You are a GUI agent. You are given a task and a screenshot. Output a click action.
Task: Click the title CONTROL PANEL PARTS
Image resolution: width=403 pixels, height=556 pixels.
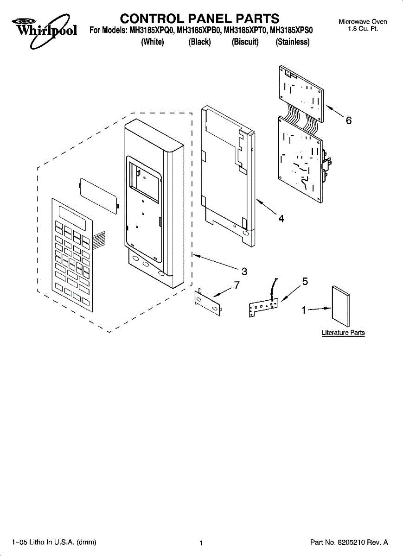(x=199, y=19)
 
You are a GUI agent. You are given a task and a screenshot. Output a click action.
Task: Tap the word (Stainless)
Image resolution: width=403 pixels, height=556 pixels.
(x=292, y=42)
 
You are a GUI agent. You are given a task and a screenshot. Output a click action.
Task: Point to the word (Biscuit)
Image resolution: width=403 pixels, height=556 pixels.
(x=245, y=42)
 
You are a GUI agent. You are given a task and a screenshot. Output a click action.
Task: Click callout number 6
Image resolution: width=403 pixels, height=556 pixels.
(x=349, y=121)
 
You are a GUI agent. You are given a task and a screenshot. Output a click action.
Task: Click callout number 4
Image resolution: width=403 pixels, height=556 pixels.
(x=281, y=218)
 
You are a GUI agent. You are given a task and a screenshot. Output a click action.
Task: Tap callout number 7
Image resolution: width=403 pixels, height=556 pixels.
(x=237, y=285)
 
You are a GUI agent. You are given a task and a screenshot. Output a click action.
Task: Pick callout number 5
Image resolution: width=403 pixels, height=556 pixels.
(x=305, y=281)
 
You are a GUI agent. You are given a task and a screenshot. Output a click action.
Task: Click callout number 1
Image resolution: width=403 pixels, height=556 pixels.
(x=304, y=310)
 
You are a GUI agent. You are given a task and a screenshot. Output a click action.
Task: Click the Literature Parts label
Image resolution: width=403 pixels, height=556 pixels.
(x=343, y=333)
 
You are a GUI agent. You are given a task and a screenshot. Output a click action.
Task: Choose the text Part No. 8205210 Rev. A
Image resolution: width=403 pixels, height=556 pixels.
(x=348, y=542)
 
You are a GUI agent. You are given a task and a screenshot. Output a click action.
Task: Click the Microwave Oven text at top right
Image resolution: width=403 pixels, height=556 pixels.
(x=363, y=22)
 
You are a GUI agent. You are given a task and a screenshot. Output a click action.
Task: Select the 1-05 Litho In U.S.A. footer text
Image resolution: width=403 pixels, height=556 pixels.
(x=54, y=542)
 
